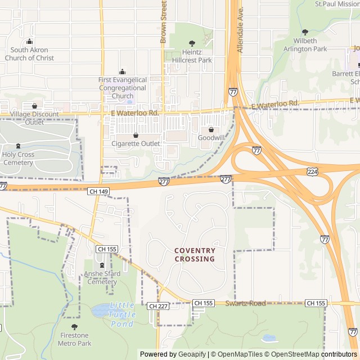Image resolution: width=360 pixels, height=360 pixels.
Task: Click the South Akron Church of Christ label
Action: [29, 54]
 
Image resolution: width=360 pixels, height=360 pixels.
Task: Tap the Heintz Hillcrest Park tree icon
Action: [192, 43]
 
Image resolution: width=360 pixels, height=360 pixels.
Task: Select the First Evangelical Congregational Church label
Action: [123, 88]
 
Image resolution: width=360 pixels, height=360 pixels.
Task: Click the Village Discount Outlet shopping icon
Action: [34, 106]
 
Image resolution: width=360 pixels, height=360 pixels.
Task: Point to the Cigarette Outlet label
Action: [135, 143]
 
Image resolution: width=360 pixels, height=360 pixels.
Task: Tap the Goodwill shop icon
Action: [211, 129]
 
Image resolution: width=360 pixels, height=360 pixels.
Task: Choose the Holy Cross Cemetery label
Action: [18, 159]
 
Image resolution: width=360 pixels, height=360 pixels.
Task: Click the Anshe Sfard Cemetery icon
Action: [102, 265]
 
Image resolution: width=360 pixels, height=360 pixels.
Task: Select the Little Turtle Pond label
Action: [122, 314]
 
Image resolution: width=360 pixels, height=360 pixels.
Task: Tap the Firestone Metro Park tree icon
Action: [74, 327]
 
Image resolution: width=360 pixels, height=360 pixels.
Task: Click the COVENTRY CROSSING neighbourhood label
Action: [195, 255]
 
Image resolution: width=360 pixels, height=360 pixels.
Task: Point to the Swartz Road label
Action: [245, 304]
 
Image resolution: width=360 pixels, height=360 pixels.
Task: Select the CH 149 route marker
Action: [98, 192]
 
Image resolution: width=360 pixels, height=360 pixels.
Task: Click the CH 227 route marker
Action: [158, 306]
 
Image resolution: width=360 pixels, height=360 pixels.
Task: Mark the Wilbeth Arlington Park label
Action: [305, 45]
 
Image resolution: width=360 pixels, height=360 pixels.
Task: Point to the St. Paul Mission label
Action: [336, 4]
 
